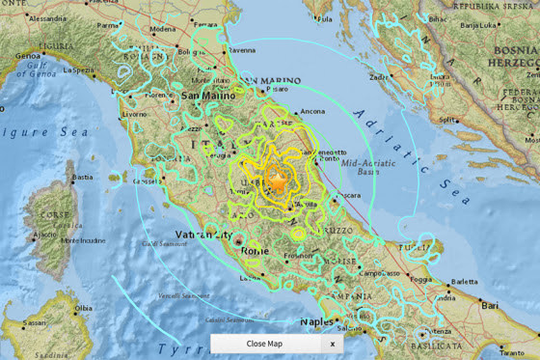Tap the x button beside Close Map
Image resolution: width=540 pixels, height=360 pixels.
tap(332, 344)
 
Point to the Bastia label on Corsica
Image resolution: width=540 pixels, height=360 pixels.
tap(84, 177)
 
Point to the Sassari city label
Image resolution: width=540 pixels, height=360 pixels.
tap(35, 322)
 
